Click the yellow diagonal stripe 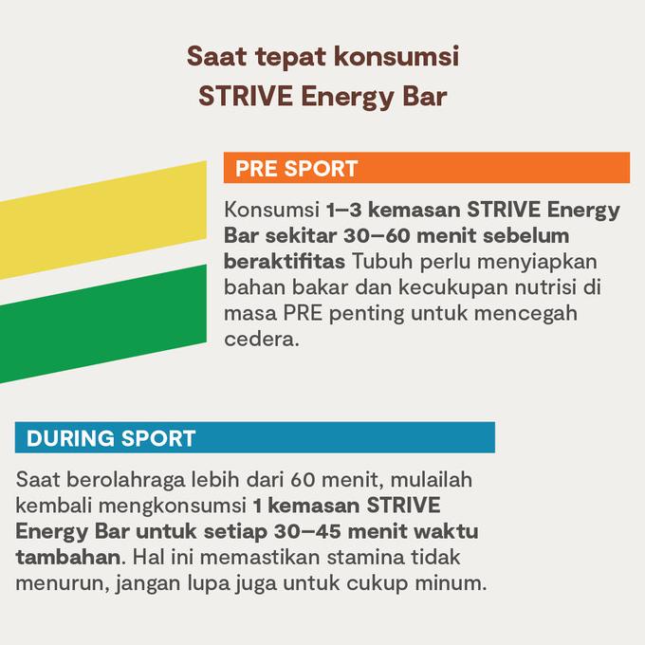tap(102, 220)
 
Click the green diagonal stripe tap(102, 323)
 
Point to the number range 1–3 tap(344, 210)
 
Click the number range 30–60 tap(377, 235)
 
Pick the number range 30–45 tap(307, 531)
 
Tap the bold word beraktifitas tap(285, 262)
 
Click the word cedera tap(261, 340)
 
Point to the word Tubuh tap(382, 262)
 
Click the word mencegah tap(525, 314)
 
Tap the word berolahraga tap(125, 481)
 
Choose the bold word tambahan tap(68, 558)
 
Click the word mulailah tap(431, 480)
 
